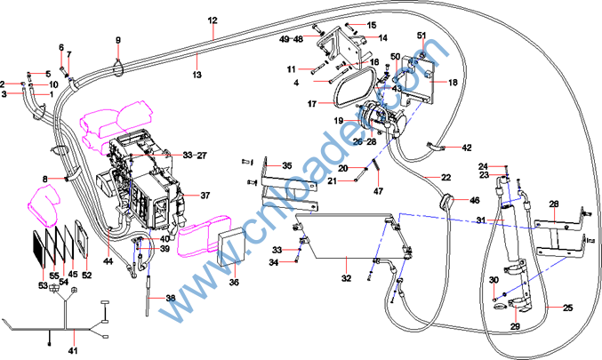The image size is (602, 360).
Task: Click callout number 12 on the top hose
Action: [x=212, y=20]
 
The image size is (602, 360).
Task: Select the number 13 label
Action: [x=197, y=75]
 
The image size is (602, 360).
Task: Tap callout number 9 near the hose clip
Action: [x=117, y=40]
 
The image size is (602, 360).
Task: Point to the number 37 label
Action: [x=205, y=195]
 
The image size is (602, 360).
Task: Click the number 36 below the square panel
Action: [x=234, y=283]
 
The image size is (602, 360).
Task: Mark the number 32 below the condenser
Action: [x=346, y=278]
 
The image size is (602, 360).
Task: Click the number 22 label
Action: [x=446, y=179]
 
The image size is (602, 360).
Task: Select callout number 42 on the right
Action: [x=467, y=148]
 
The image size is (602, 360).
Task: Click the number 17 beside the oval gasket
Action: [x=312, y=104]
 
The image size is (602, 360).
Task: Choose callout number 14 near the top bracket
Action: [x=382, y=38]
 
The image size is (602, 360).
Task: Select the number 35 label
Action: [x=286, y=165]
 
